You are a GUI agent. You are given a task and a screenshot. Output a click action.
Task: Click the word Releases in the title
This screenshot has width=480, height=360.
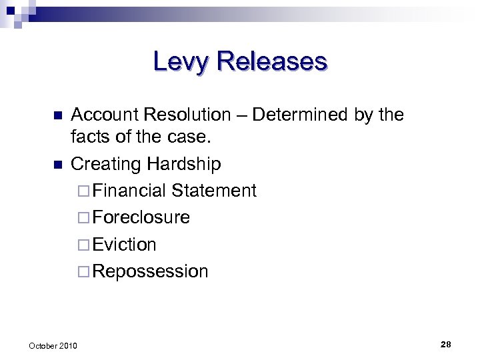click(x=271, y=61)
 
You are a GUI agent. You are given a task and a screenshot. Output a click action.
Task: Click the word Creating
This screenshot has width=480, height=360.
click(x=106, y=164)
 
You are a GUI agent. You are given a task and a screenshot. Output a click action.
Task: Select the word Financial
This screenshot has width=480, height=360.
click(x=130, y=191)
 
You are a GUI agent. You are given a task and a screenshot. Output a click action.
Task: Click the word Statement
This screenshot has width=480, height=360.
click(x=213, y=191)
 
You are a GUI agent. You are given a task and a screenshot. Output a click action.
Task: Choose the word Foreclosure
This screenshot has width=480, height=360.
click(x=141, y=217)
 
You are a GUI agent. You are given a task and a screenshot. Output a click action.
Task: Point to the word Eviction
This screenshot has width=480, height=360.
click(x=125, y=245)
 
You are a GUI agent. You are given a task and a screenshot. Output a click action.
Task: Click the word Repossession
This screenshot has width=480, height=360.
click(x=151, y=272)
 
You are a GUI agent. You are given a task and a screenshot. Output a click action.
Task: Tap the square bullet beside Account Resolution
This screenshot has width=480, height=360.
click(x=57, y=115)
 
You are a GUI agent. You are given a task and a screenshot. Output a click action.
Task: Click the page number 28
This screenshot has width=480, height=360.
click(x=446, y=344)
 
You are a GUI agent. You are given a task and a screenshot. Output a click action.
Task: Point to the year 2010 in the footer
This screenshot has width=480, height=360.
click(x=67, y=345)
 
